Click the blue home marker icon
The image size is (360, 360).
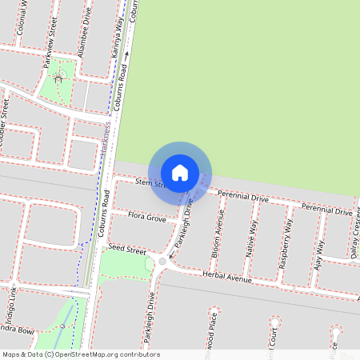tap(180, 172)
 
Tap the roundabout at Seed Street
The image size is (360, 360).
tap(163, 262)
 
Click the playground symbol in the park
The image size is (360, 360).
tap(58, 78)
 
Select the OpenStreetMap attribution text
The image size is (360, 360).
tap(81, 354)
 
